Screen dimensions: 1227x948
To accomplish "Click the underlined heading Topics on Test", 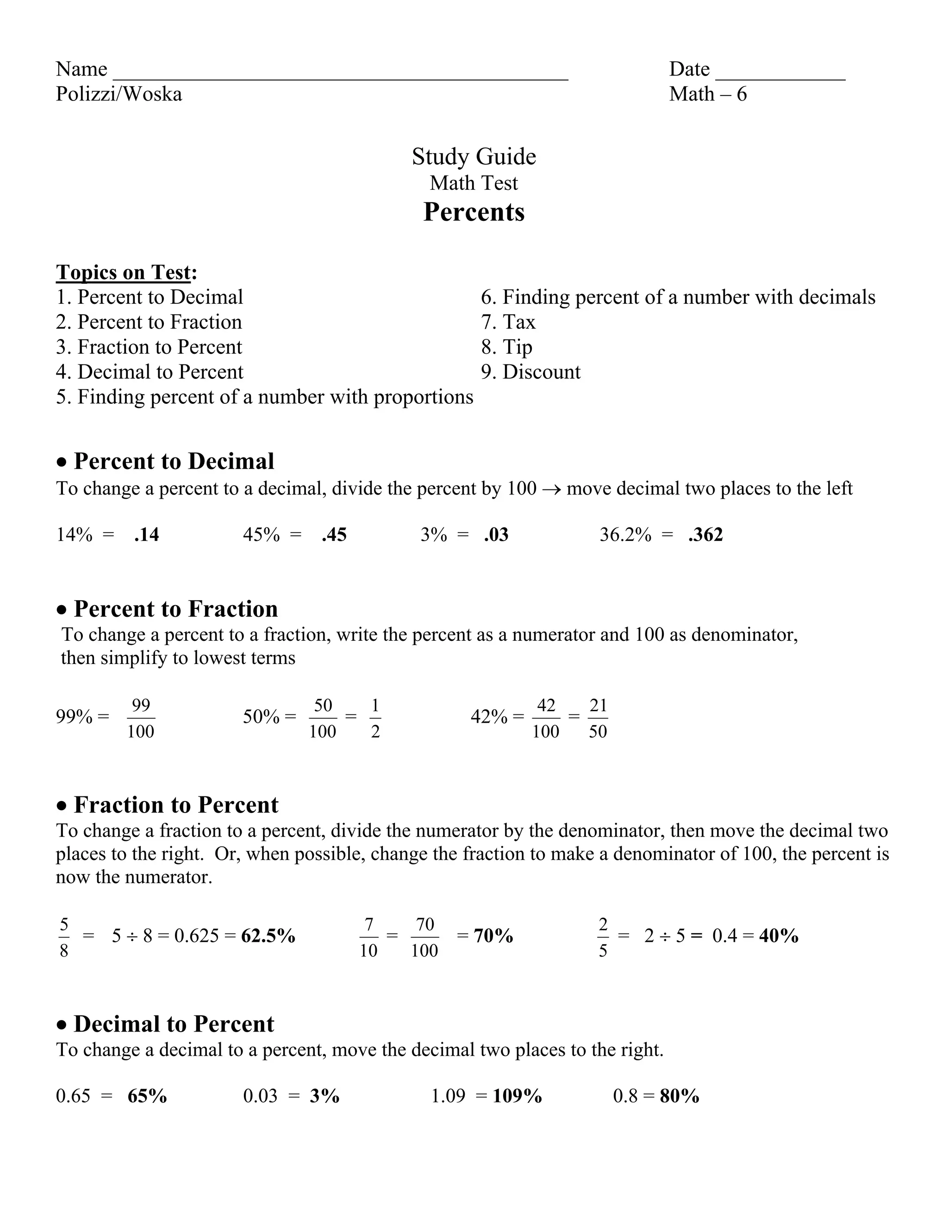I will (x=124, y=272).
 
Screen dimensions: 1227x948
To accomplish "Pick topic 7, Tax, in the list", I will (x=508, y=322).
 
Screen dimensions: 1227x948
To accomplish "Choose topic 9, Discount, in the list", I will (x=531, y=372).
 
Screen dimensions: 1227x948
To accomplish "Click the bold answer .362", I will (x=705, y=534).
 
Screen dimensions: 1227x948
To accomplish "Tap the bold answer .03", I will (x=496, y=534).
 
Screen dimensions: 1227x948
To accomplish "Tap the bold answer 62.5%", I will (x=268, y=936).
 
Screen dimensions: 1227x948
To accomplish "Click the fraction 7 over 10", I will (x=368, y=937).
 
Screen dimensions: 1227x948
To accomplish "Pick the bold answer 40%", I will (x=779, y=936).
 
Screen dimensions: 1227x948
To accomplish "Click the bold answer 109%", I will (x=517, y=1096).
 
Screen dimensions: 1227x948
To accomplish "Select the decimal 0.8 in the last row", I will (x=625, y=1096).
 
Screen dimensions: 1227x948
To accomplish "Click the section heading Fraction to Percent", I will (x=176, y=805).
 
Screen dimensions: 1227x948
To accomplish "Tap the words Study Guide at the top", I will (x=474, y=157).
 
